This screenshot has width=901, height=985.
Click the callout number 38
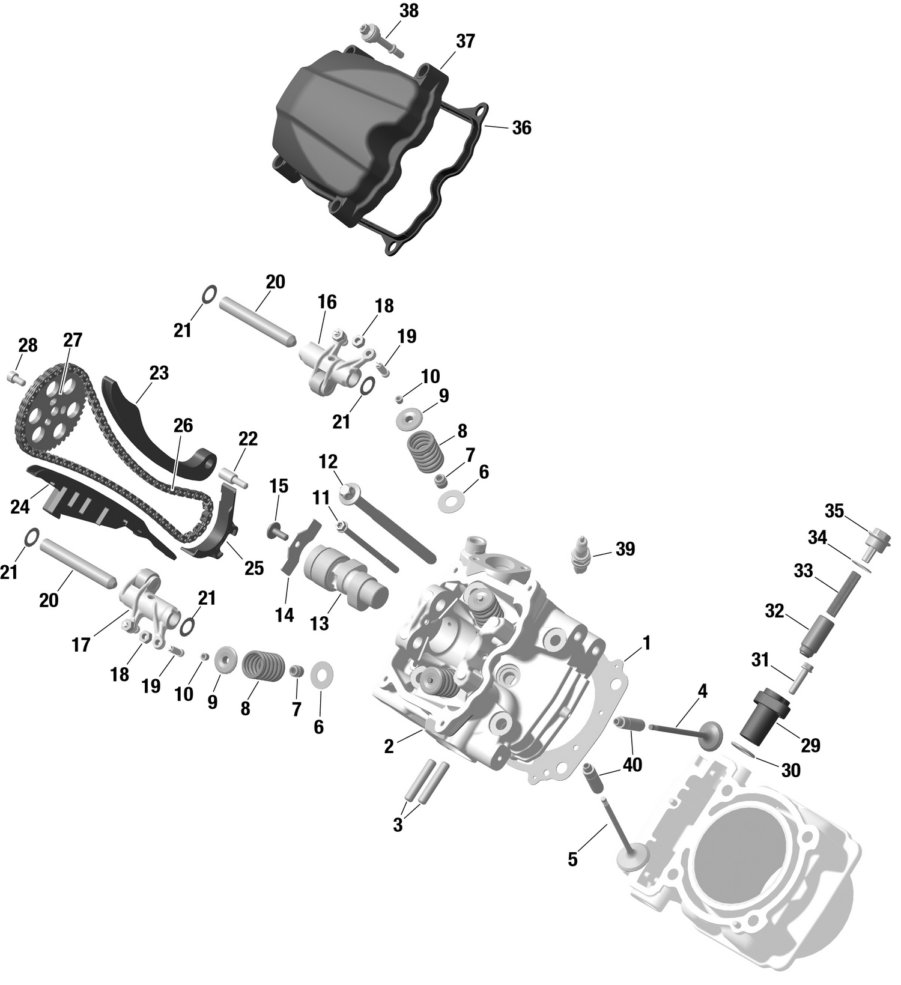pos(408,11)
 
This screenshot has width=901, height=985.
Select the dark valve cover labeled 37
pos(336,132)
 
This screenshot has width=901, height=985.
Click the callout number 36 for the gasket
pos(521,128)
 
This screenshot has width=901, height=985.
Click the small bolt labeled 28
pos(15,378)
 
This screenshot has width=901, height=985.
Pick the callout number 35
pos(834,511)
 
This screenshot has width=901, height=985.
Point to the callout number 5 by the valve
pos(572,859)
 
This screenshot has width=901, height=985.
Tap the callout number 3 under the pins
pos(398,825)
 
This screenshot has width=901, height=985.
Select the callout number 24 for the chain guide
pos(20,508)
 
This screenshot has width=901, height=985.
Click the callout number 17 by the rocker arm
pos(80,645)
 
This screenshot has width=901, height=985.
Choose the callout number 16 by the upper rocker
pos(327,302)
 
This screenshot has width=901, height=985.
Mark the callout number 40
pos(633,765)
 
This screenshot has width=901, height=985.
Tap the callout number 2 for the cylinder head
pos(389,747)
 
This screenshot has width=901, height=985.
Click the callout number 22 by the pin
pos(247,439)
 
